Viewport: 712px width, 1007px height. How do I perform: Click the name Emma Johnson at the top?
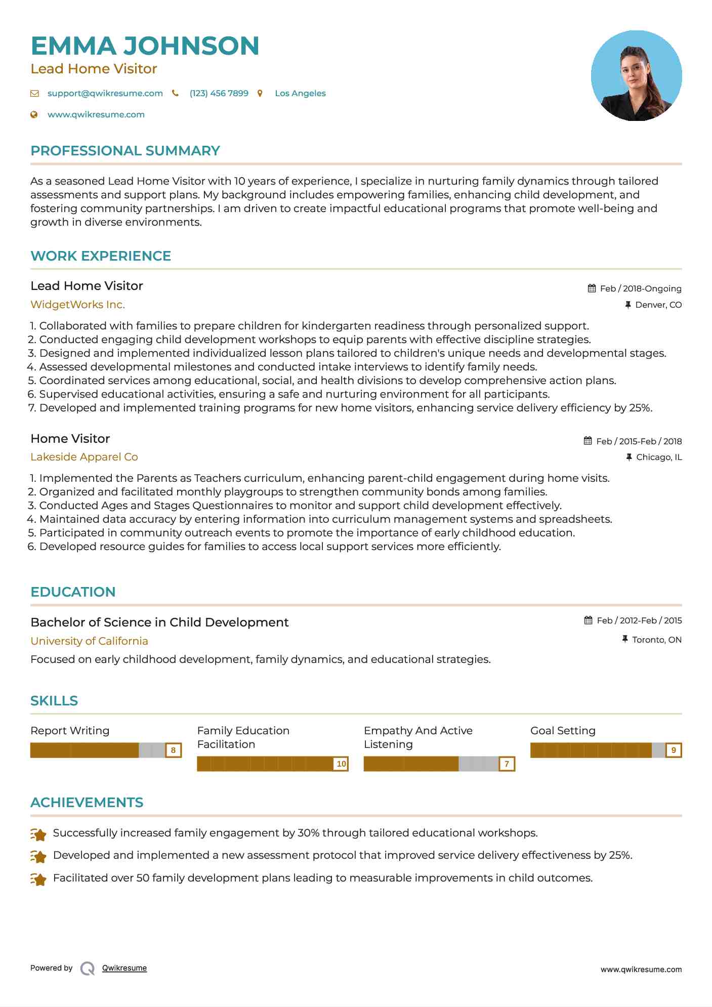point(145,46)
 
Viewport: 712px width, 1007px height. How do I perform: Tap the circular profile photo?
point(636,76)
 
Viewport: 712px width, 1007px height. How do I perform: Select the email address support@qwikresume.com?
point(105,94)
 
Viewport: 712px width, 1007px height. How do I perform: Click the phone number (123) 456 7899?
point(219,94)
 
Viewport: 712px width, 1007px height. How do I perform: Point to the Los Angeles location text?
point(300,94)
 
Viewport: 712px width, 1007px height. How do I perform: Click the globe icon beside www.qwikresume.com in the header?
point(34,115)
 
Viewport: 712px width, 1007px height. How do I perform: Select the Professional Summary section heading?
point(125,151)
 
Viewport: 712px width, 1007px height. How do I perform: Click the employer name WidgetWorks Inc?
point(77,305)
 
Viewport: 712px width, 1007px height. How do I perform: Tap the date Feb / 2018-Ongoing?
point(640,289)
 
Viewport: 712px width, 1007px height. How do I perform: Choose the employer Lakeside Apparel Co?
point(84,457)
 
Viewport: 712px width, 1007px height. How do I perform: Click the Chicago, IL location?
point(658,457)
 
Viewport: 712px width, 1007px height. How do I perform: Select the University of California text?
point(89,641)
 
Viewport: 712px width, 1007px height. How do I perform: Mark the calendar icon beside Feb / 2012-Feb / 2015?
point(588,620)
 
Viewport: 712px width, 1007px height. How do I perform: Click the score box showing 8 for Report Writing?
point(173,750)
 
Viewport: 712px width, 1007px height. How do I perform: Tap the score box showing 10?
point(341,764)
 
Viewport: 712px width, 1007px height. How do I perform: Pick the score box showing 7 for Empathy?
point(507,764)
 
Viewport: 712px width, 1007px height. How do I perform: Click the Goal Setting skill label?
point(563,731)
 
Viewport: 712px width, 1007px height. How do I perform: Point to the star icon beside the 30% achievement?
point(38,834)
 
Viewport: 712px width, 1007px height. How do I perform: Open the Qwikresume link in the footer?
point(124,968)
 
